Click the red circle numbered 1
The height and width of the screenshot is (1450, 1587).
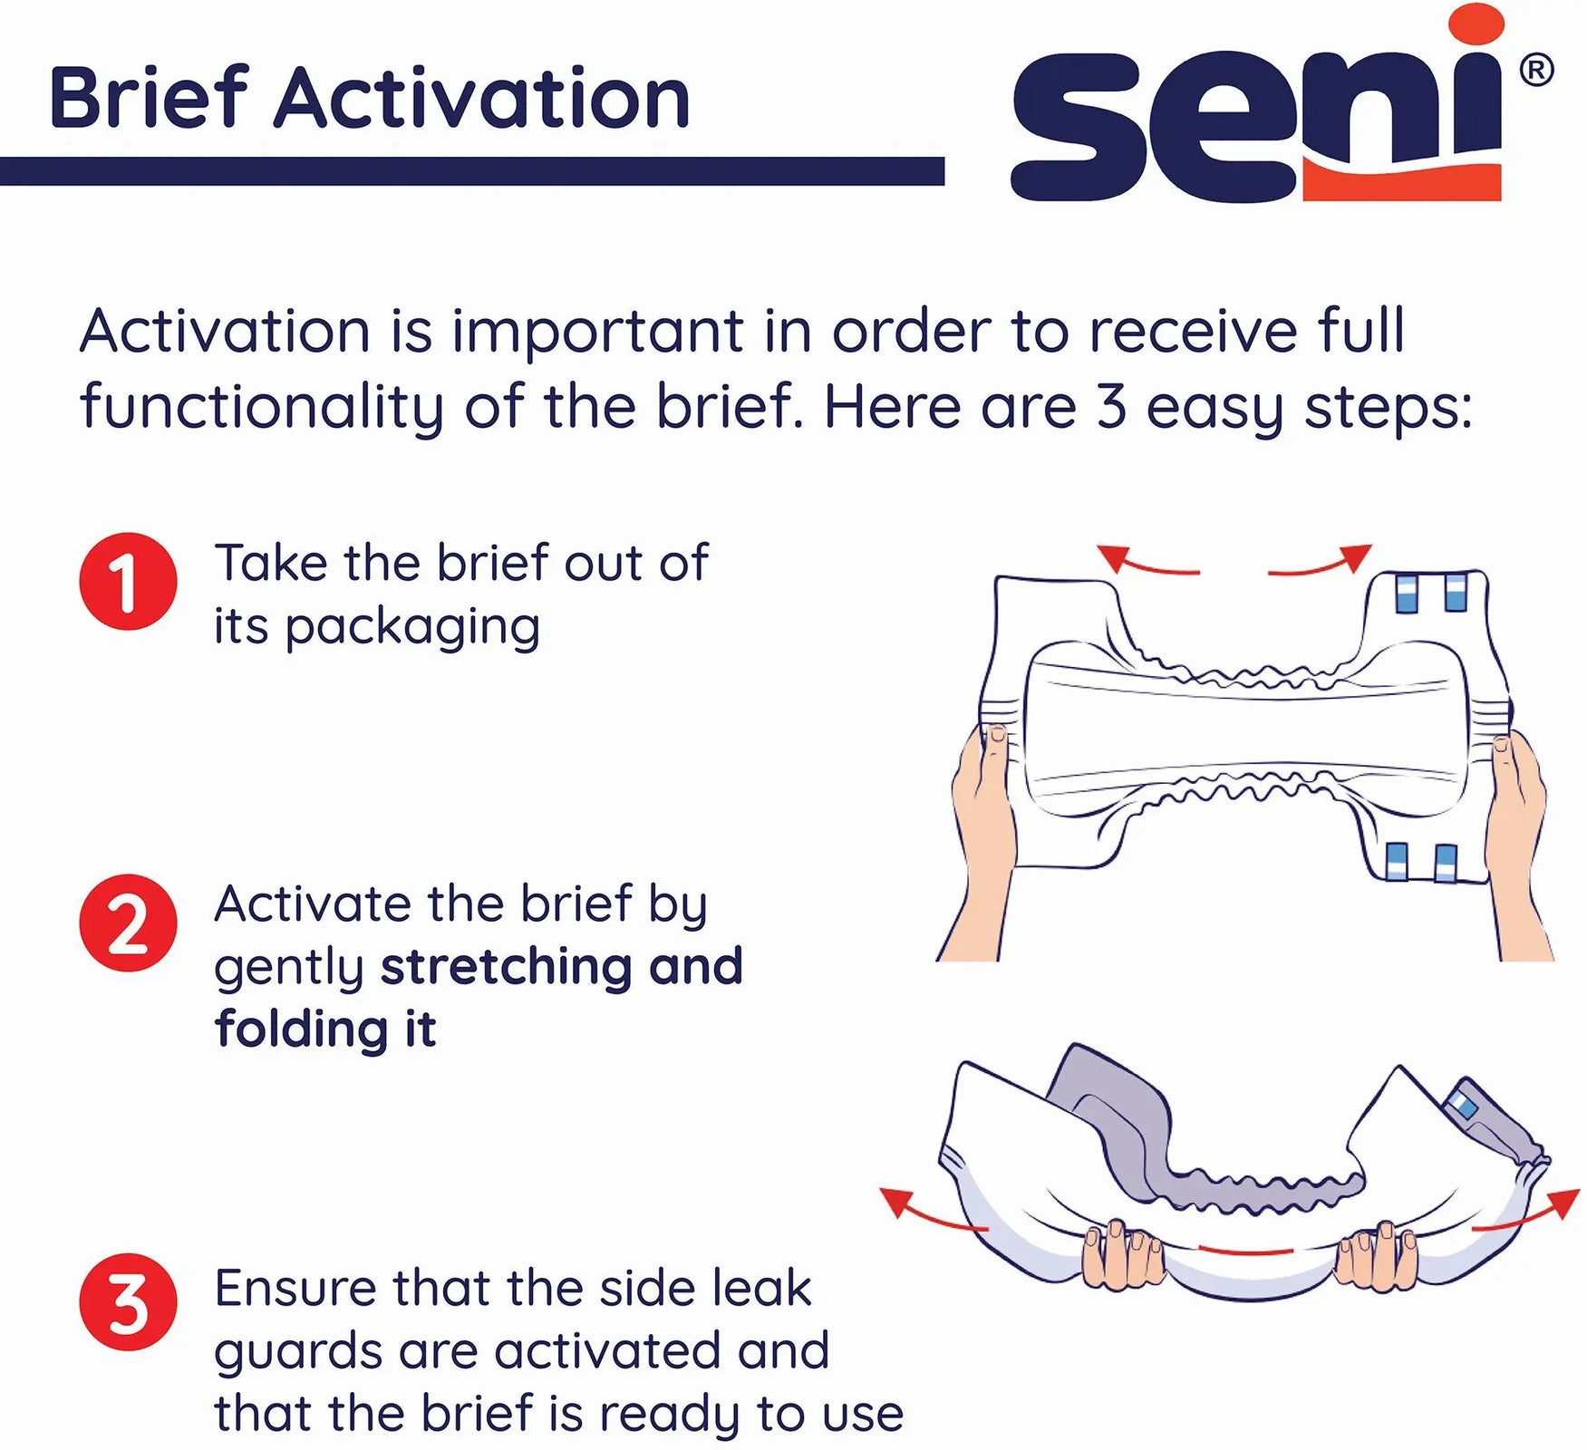pos(128,581)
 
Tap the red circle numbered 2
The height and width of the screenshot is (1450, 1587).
pos(128,923)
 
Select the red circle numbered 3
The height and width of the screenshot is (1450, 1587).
pos(128,1302)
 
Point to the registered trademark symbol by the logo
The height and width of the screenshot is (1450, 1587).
pos(1535,70)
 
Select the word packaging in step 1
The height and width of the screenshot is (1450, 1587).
pos(412,627)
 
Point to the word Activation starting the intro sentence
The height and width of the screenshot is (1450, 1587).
pos(225,331)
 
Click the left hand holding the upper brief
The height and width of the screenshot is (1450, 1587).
pos(983,816)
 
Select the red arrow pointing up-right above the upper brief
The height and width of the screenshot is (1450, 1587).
pos(1323,562)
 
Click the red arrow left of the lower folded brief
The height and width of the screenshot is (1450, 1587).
pos(929,1213)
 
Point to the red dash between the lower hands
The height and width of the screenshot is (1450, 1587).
pos(1245,1252)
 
